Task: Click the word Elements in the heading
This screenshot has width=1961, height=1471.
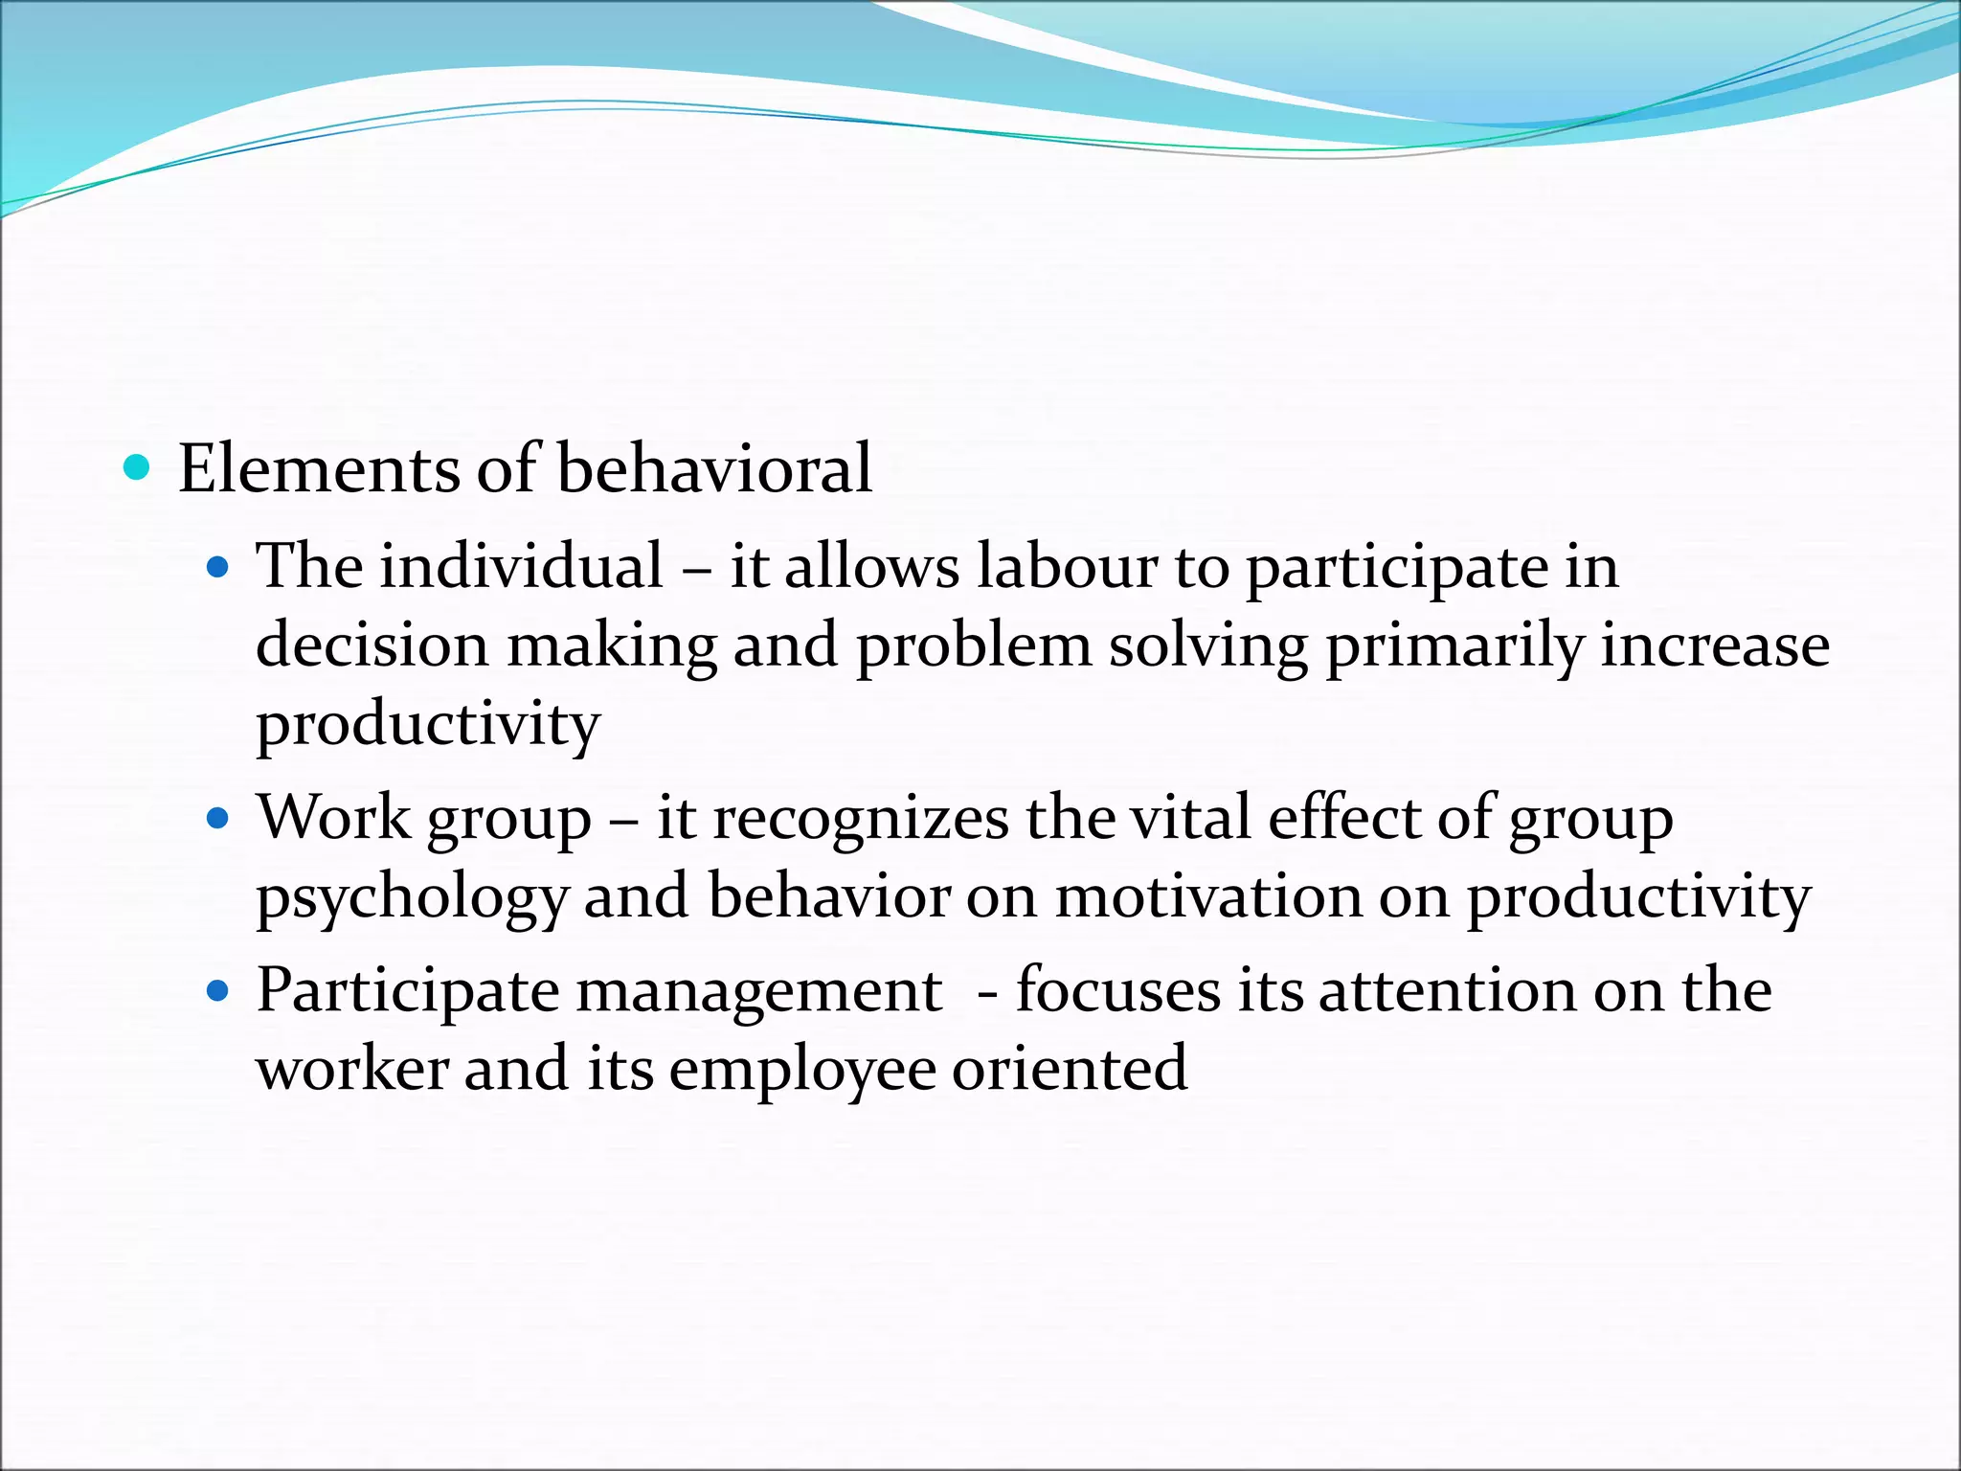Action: (318, 469)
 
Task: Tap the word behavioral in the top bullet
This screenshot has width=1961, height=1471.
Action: (714, 469)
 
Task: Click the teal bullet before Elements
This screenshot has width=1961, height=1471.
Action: (138, 468)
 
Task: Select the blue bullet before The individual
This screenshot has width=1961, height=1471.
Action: (219, 568)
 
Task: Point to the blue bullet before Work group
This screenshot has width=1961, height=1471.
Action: (219, 819)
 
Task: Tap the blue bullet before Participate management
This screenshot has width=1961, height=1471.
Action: (219, 991)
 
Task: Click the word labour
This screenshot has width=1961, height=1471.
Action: (1067, 567)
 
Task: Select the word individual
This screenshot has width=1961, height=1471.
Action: (522, 567)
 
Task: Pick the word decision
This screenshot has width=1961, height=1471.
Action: (372, 645)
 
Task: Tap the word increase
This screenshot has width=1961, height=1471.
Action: (1715, 645)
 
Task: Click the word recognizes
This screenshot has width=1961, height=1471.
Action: (861, 820)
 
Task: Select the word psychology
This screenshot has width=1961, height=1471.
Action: (412, 898)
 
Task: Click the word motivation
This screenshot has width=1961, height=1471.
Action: (1208, 897)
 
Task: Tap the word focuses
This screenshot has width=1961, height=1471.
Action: (1117, 990)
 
